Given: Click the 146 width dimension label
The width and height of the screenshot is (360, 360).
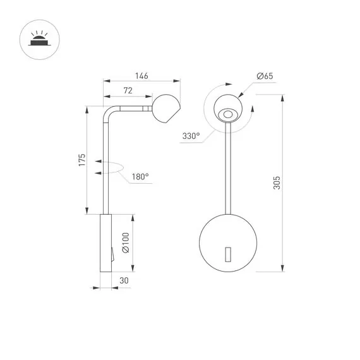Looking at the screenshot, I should pos(140,76).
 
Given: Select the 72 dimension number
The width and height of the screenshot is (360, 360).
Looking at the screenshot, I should pos(127,91).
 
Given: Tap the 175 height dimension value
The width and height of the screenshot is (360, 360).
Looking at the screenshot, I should pos(82,161).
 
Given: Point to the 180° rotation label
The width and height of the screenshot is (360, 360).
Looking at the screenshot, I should pos(140,177).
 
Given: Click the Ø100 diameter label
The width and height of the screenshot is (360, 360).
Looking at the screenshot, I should pos(126,243).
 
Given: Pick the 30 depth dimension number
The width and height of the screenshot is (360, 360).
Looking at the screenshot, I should pos(124,281).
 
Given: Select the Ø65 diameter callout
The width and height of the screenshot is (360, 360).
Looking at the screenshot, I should pos(264,76).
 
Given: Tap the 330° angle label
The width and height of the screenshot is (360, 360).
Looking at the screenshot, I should pos(190,136).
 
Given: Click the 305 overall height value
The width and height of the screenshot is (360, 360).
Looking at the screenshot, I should pos(276,183).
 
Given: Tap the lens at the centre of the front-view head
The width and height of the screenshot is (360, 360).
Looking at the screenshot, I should pos(228,114).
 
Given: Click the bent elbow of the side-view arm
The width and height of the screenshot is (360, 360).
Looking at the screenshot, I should pos(109,114).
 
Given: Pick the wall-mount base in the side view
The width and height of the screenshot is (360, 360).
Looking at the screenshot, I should pos(105,243).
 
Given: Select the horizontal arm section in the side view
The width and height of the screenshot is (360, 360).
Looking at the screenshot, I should pos(133,109).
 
